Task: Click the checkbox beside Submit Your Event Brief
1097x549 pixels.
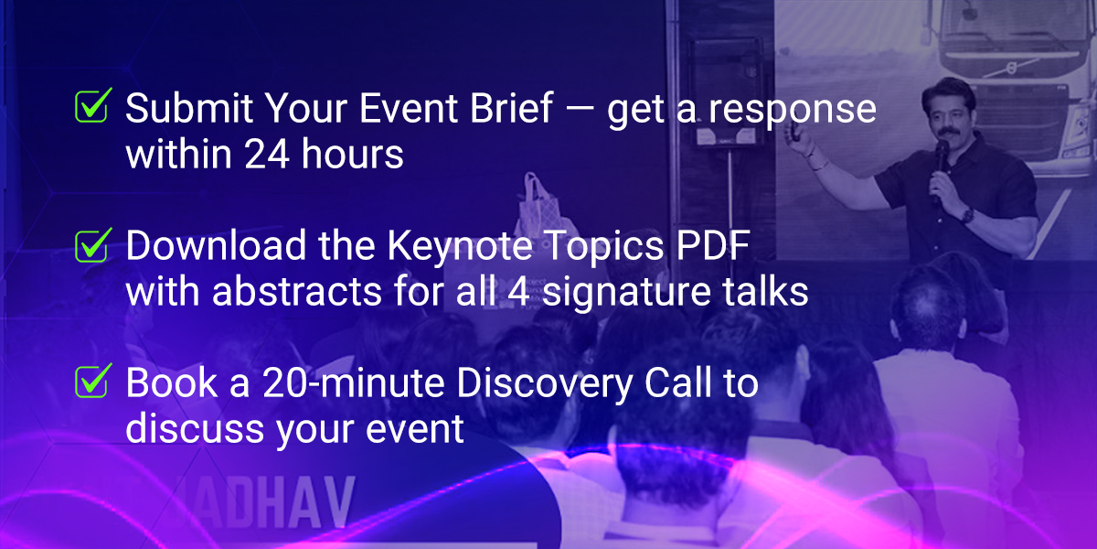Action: pyautogui.click(x=92, y=105)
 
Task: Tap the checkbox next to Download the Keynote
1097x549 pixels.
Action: pyautogui.click(x=92, y=245)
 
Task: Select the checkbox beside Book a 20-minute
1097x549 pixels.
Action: pyautogui.click(x=92, y=381)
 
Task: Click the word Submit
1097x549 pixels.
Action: pyautogui.click(x=189, y=107)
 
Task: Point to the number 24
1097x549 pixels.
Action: pyautogui.click(x=267, y=154)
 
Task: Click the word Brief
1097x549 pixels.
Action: pyautogui.click(x=511, y=107)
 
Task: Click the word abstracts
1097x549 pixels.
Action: pyautogui.click(x=297, y=291)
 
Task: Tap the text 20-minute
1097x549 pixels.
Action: pyautogui.click(x=354, y=382)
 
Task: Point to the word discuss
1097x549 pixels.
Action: pyautogui.click(x=195, y=428)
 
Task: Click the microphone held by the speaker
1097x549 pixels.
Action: pyautogui.click(x=941, y=162)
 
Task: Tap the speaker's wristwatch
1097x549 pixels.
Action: pyautogui.click(x=967, y=215)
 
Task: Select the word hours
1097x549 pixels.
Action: pyautogui.click(x=353, y=154)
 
